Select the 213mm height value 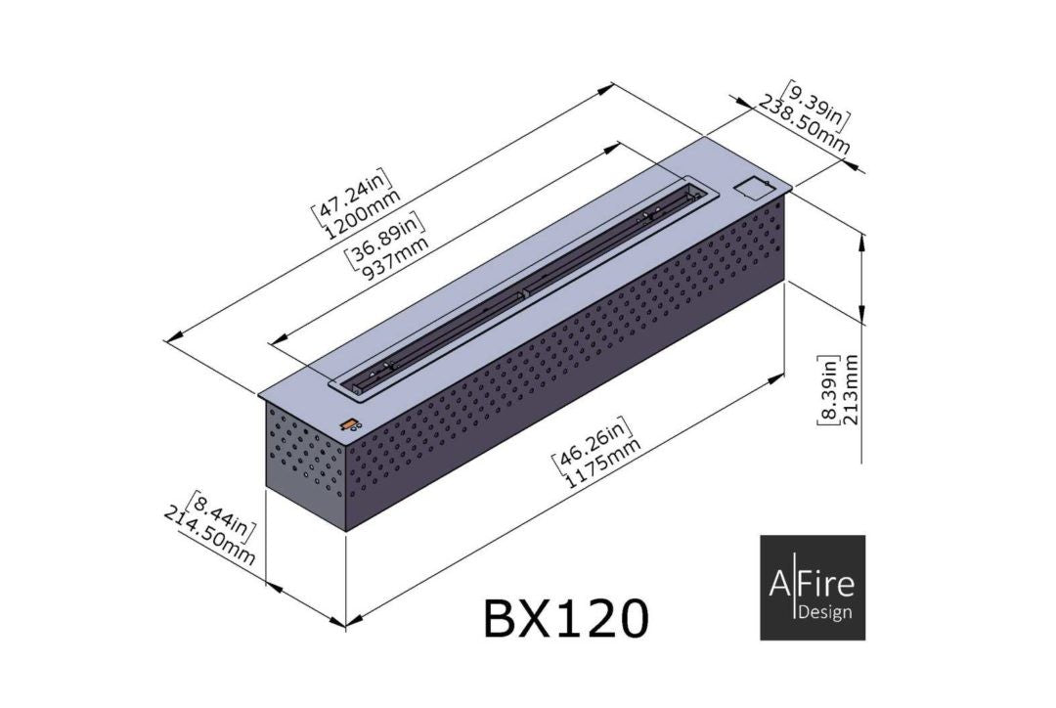click(851, 389)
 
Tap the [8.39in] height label click(828, 389)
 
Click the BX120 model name click(564, 617)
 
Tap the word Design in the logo click(824, 613)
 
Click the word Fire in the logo click(825, 585)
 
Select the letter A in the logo click(777, 585)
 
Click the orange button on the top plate click(347, 422)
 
